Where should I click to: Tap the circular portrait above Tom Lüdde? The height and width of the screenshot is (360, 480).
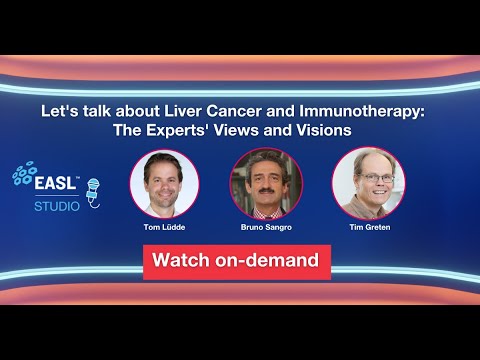pyautogui.click(x=164, y=183)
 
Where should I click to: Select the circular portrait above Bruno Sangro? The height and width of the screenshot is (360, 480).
pyautogui.click(x=265, y=183)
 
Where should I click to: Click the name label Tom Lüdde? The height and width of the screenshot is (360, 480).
pyautogui.click(x=164, y=228)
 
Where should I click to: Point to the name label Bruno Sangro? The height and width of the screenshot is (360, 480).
pyautogui.click(x=265, y=228)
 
